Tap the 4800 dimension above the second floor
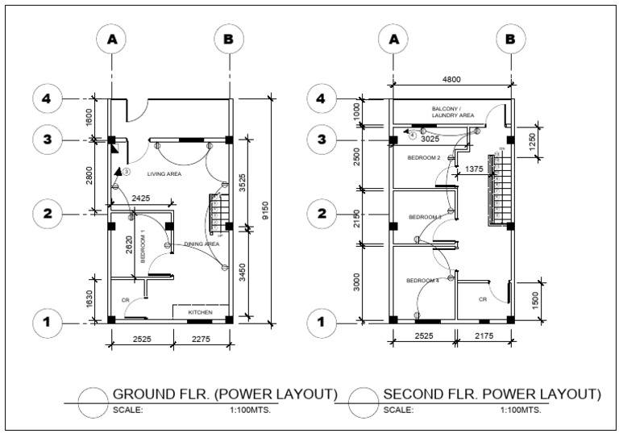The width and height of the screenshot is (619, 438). (x=451, y=80)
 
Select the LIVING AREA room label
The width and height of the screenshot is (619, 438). (x=164, y=173)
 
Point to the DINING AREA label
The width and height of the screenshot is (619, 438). (x=201, y=244)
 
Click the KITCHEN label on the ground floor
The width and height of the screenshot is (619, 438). (x=201, y=311)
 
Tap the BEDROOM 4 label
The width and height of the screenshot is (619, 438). (x=422, y=280)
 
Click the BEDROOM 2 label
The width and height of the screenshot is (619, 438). (x=423, y=157)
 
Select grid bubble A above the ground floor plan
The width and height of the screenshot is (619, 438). (x=112, y=39)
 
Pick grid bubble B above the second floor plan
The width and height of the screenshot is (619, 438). (x=510, y=39)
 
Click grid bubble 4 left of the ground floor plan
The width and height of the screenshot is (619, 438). (x=48, y=99)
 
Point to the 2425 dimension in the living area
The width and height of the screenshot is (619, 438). (x=140, y=198)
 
